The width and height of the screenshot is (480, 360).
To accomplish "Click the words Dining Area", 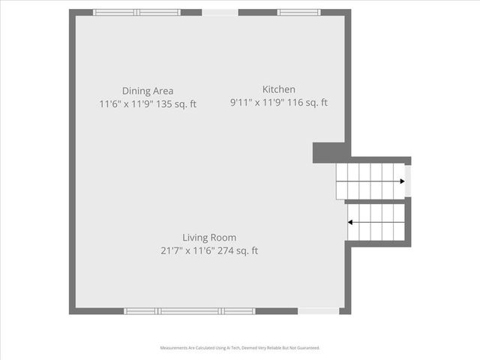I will tap(148, 91).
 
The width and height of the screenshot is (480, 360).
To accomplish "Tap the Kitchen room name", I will tap(278, 89).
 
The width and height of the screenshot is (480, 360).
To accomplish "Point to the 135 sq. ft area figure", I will tap(179, 104).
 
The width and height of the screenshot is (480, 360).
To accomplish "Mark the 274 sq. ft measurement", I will tap(238, 251).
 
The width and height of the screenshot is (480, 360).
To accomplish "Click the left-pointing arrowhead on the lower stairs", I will tap(350, 222).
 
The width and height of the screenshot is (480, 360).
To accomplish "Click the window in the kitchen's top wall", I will tap(298, 13).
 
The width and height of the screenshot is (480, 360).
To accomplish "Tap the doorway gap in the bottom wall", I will tap(318, 310).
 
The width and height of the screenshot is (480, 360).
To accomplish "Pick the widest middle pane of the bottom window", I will tap(189, 310).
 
